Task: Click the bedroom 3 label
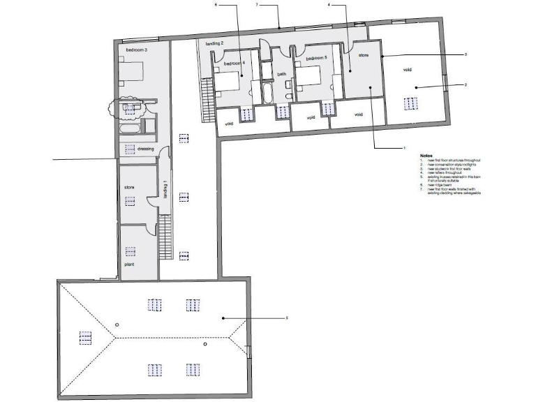[x=136, y=51]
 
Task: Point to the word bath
[x=282, y=74]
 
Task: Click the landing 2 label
[x=214, y=44]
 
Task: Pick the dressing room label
[x=145, y=149]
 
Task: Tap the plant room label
[x=129, y=265]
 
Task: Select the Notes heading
[x=427, y=155]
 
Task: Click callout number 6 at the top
[x=216, y=5]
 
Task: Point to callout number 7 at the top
[x=257, y=5]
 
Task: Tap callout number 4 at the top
[x=329, y=5]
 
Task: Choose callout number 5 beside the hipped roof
[x=288, y=318]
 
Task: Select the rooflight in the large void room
[x=412, y=104]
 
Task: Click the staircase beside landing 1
[x=165, y=237]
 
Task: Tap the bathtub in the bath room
[x=269, y=95]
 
